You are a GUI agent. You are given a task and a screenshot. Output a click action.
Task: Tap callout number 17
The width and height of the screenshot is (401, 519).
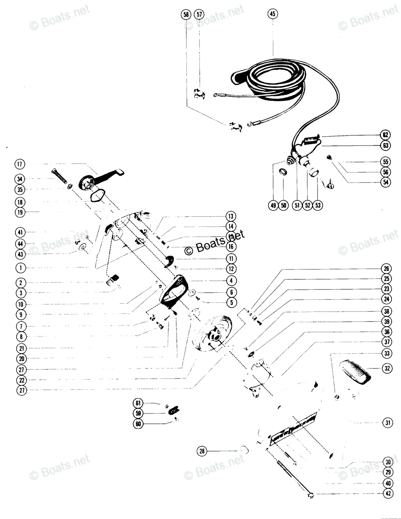(20, 164)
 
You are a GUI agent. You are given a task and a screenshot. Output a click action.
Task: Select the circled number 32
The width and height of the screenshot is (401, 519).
(386, 368)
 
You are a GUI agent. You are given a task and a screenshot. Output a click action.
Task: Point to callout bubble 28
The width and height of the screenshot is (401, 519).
(202, 451)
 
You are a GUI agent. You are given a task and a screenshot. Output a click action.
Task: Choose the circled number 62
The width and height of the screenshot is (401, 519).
(385, 134)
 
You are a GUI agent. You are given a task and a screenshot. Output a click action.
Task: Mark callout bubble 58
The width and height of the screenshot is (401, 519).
(186, 14)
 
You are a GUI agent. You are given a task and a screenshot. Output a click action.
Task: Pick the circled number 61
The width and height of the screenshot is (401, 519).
(138, 403)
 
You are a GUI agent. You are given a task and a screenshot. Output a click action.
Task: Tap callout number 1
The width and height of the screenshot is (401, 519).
(20, 268)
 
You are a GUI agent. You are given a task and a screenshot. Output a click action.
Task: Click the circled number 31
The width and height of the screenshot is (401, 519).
(386, 422)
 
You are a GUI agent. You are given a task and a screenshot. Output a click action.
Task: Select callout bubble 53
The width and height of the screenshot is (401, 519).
(318, 205)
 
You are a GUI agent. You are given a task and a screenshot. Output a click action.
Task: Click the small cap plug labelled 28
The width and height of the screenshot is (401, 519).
(244, 449)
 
